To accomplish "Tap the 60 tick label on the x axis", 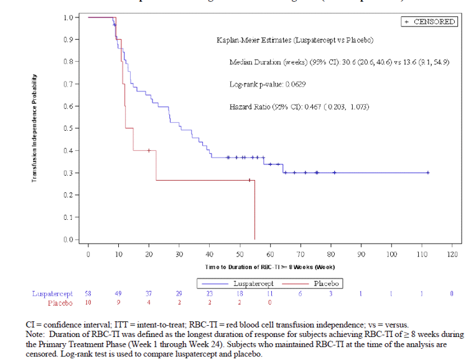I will tap(270, 254).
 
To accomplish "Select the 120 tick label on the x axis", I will tap(452, 254).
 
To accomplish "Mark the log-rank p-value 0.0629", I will tap(268, 83).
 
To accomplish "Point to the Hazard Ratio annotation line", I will tap(299, 107).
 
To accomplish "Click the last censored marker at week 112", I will tap(428, 173).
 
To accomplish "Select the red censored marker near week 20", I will tap(149, 150).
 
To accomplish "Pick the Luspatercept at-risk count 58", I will tap(88, 293).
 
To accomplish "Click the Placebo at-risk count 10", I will tap(88, 303).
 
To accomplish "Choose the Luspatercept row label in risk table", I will tap(53, 293).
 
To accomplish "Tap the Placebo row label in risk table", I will tap(60, 303).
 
